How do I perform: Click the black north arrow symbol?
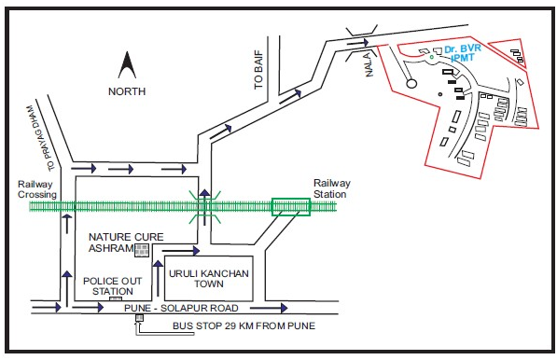127,65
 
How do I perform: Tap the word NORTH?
127,91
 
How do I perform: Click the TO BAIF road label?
259,69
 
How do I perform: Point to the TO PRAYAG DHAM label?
40,137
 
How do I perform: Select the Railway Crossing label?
37,189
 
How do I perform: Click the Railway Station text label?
332,188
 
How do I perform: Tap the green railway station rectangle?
291,207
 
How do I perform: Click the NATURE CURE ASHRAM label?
126,242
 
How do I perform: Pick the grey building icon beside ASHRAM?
142,250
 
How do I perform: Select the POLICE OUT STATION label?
113,285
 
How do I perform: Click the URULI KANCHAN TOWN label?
209,279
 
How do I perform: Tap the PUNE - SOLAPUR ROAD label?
181,308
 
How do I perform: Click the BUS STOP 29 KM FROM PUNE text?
244,325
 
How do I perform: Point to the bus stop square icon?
139,318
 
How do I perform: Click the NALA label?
369,64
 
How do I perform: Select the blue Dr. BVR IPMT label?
463,53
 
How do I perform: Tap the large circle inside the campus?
411,83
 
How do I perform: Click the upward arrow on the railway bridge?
204,207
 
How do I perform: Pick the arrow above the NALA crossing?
357,43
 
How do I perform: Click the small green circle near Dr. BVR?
432,57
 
